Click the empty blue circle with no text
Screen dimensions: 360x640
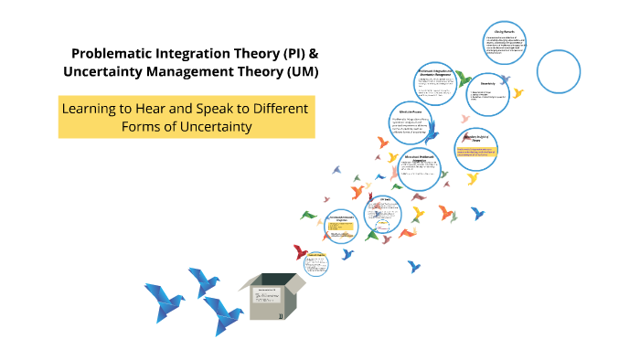click(559, 70)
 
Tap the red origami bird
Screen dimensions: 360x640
click(299, 250)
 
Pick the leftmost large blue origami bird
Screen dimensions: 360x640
click(164, 302)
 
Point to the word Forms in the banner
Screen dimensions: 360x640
click(143, 126)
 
